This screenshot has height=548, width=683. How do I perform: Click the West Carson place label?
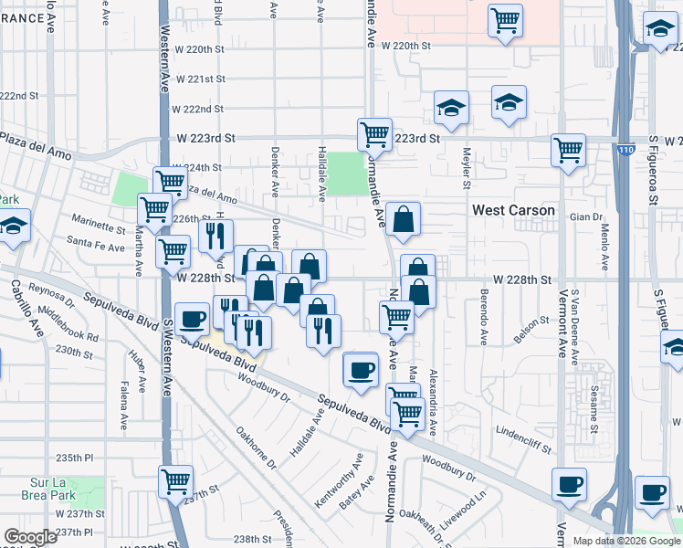click(x=513, y=211)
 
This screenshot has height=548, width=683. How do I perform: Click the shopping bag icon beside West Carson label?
click(x=403, y=219)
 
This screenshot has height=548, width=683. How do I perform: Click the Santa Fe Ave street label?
click(x=96, y=248)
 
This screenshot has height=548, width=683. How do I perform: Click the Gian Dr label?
click(x=586, y=217)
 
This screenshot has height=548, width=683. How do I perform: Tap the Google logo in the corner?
click(x=30, y=537)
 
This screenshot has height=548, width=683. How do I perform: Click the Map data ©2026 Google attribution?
click(x=626, y=541)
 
